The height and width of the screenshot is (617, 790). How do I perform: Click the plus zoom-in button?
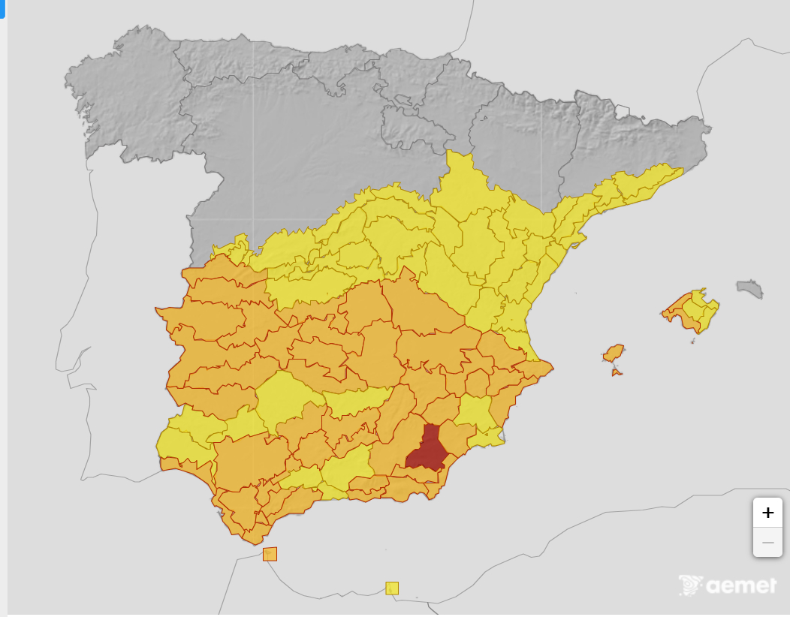pos(767,513)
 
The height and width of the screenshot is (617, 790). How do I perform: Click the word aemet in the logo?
pos(741,585)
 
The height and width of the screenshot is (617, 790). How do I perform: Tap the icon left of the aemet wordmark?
pos(690,585)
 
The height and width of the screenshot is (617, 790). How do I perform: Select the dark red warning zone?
pos(427,450)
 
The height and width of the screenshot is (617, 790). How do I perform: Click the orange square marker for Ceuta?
pos(270,554)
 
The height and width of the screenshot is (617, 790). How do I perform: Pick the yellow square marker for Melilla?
pos(392,588)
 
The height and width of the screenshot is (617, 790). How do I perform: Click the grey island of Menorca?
pos(750,287)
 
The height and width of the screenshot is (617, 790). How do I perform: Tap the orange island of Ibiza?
pos(614,353)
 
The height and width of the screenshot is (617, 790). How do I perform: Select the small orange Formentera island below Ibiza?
pos(616,371)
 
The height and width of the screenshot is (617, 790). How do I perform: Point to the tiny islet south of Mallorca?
pos(692,342)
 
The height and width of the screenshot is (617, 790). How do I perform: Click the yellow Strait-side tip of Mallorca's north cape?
pos(702,291)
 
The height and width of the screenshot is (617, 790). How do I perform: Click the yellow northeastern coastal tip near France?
pos(665,176)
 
